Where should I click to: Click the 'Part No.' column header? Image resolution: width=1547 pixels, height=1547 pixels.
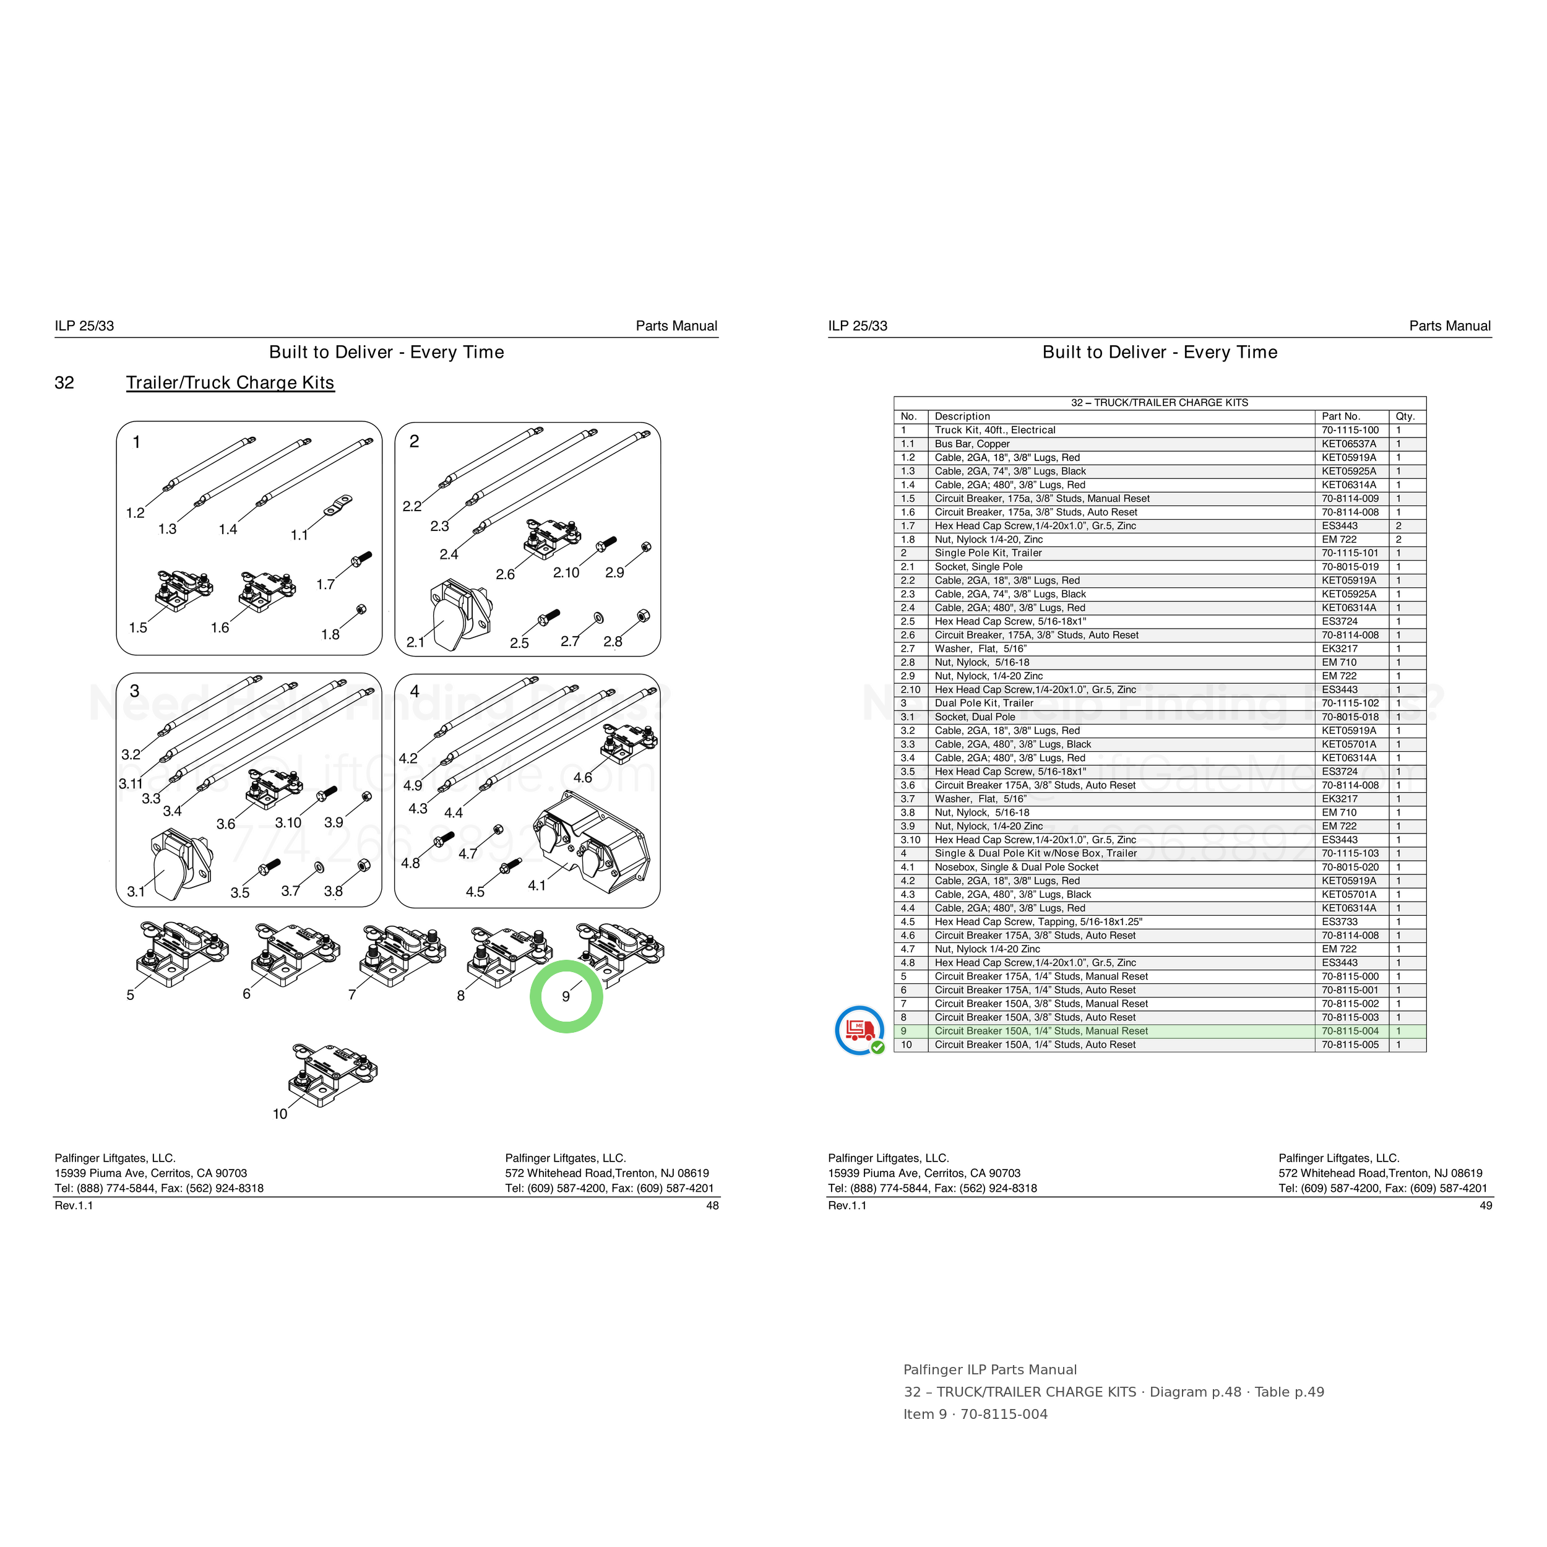click(x=1340, y=416)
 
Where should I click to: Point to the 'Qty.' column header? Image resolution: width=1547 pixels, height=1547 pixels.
click(x=1405, y=416)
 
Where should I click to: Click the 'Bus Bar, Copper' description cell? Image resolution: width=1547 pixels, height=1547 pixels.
click(x=972, y=444)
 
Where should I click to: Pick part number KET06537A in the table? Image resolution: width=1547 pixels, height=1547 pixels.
click(x=1349, y=444)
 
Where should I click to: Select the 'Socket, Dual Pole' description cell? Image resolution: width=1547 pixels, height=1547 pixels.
click(x=975, y=717)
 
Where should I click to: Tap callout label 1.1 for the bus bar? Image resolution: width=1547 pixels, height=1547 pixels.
click(x=299, y=535)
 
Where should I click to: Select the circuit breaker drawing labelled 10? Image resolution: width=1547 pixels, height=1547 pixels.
click(x=333, y=1075)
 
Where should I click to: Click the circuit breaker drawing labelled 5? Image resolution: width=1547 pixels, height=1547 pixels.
click(x=183, y=954)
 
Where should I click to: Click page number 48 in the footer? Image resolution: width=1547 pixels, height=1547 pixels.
click(x=712, y=1205)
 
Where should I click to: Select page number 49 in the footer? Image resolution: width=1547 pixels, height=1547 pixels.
click(x=1485, y=1205)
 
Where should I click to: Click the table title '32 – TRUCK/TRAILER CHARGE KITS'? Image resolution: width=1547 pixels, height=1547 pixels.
click(x=1160, y=403)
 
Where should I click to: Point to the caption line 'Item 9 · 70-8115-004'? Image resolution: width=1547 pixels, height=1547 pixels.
click(x=975, y=1414)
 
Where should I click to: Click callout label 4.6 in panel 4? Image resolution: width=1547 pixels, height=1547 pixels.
click(x=583, y=777)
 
